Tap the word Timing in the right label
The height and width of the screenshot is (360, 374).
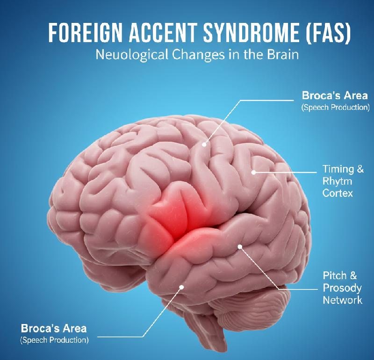(338, 169)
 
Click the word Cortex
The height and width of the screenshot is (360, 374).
(338, 193)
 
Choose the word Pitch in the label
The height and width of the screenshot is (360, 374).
(335, 275)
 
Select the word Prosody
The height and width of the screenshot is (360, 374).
(342, 288)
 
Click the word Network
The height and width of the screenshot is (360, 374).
(343, 300)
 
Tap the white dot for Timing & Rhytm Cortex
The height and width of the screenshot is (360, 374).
(254, 172)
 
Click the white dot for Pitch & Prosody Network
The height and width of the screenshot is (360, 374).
(240, 247)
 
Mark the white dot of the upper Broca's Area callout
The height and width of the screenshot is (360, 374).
(204, 144)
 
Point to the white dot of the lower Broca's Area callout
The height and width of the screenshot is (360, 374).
(181, 287)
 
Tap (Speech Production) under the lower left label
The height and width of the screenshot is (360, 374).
(54, 340)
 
